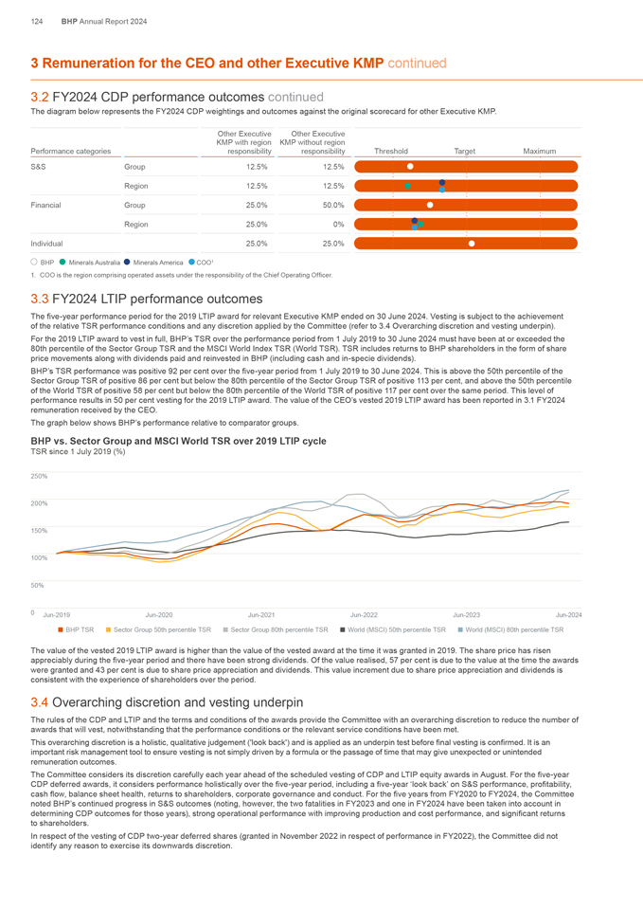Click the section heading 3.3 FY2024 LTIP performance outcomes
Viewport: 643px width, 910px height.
147,299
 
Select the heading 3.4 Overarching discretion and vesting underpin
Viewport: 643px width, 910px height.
167,702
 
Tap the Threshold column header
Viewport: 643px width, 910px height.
391,151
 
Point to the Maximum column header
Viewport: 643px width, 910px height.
539,151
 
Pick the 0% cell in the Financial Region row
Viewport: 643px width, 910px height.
338,225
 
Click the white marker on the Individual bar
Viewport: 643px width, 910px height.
472,245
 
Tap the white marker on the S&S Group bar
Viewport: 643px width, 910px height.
410,166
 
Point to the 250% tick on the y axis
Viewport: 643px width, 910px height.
40,476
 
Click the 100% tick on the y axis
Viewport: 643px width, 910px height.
40,558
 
